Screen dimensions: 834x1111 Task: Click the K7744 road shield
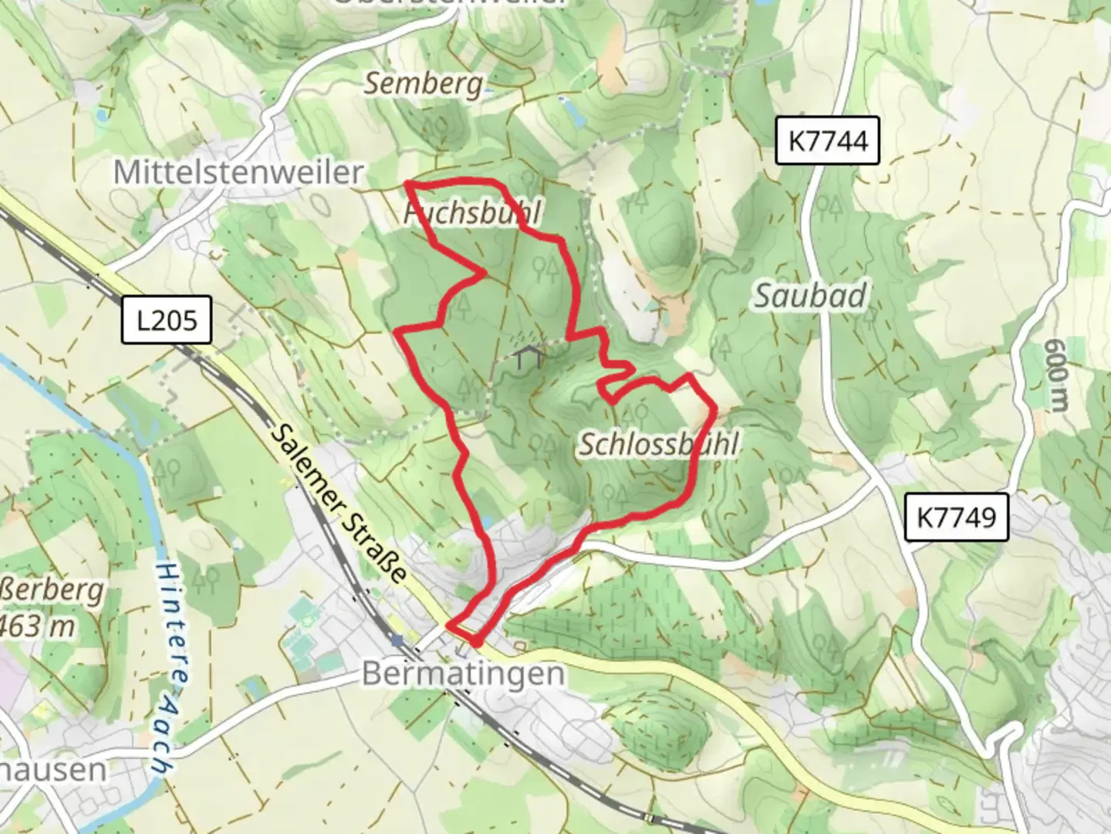826,141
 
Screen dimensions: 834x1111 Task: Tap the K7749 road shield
956,516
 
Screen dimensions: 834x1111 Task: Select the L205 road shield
166,319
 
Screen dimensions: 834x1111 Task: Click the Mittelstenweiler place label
238,171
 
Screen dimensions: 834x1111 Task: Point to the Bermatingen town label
463,673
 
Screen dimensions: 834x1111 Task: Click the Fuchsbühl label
473,212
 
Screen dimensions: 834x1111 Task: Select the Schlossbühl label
659,444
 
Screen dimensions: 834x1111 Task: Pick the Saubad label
809,296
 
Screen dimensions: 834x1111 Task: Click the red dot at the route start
476,642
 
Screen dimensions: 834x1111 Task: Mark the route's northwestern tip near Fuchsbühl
407,184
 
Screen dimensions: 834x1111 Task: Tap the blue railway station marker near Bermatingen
397,640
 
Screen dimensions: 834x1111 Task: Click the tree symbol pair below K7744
829,205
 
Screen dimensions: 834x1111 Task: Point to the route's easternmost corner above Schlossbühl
715,405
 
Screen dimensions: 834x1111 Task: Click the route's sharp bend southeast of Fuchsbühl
485,273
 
